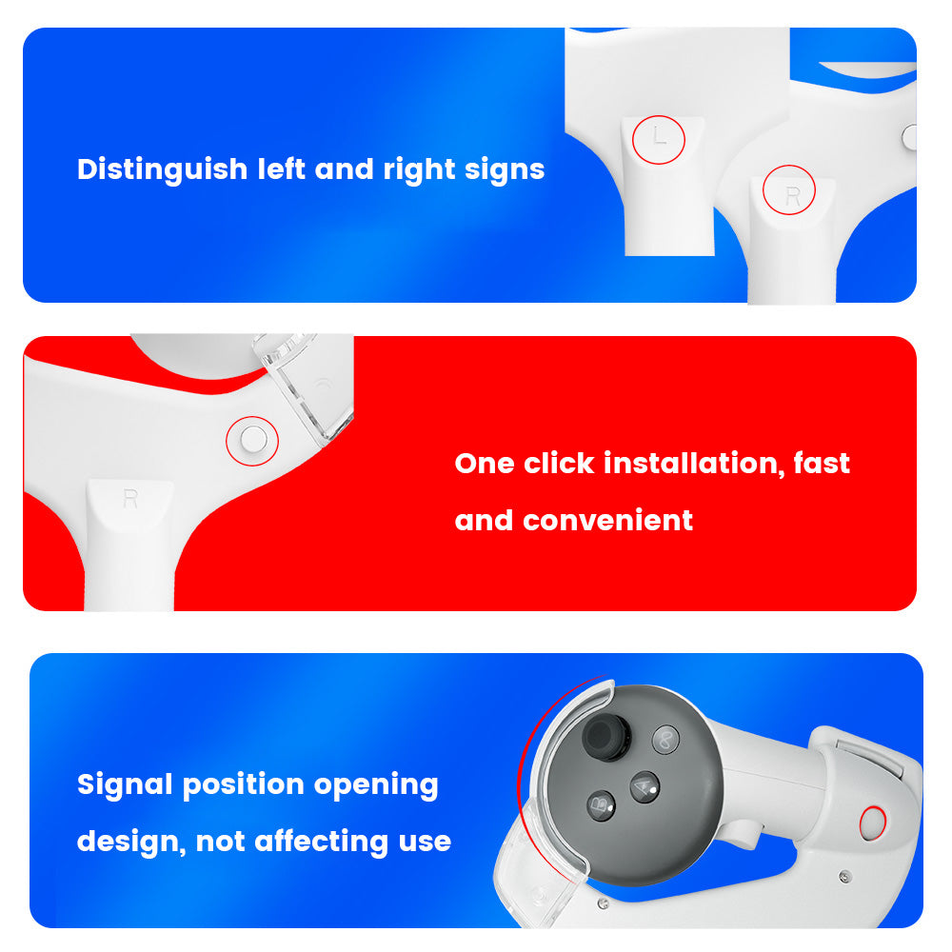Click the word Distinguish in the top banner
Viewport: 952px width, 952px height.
pyautogui.click(x=162, y=169)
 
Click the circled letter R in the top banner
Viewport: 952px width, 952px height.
pyautogui.click(x=792, y=195)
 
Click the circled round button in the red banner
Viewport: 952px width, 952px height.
pyautogui.click(x=252, y=440)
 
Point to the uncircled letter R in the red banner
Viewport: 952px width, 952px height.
pyautogui.click(x=130, y=499)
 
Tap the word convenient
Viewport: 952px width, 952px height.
pyautogui.click(x=607, y=521)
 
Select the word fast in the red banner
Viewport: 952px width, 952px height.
pyautogui.click(x=822, y=464)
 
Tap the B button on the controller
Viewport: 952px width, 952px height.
pyautogui.click(x=601, y=805)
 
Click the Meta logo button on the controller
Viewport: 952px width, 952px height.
pyautogui.click(x=665, y=740)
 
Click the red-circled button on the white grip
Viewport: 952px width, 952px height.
pyautogui.click(x=873, y=823)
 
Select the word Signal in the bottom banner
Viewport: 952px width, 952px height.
pyautogui.click(x=125, y=785)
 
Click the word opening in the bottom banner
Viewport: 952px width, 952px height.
pyautogui.click(x=376, y=785)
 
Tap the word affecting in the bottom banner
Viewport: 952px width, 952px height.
pyautogui.click(x=321, y=842)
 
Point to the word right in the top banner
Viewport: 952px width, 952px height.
pyautogui.click(x=419, y=169)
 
